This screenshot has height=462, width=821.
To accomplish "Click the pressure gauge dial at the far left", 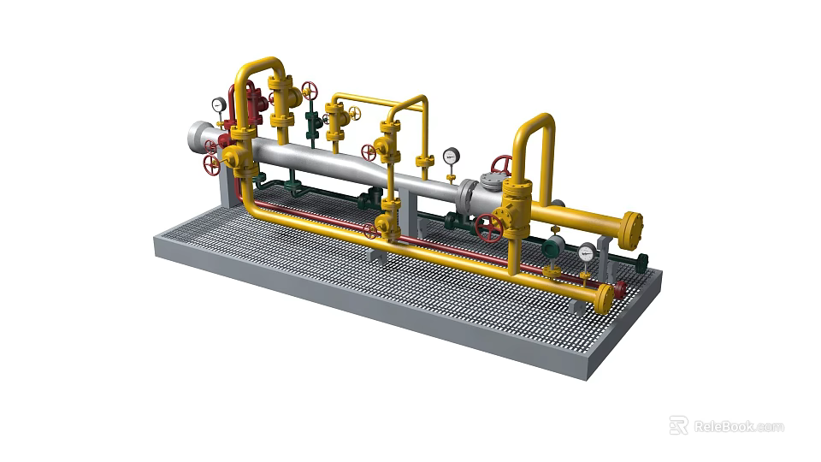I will [219, 104].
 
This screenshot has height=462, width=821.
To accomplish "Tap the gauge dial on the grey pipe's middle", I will [451, 156].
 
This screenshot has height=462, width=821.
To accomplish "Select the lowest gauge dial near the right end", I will [587, 252].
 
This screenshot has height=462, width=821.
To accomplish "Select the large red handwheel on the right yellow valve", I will [489, 228].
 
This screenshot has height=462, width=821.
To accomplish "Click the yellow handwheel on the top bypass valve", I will [353, 112].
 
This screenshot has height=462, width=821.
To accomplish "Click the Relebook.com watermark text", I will [738, 426].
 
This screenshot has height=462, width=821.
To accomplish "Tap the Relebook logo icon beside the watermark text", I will [678, 425].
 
